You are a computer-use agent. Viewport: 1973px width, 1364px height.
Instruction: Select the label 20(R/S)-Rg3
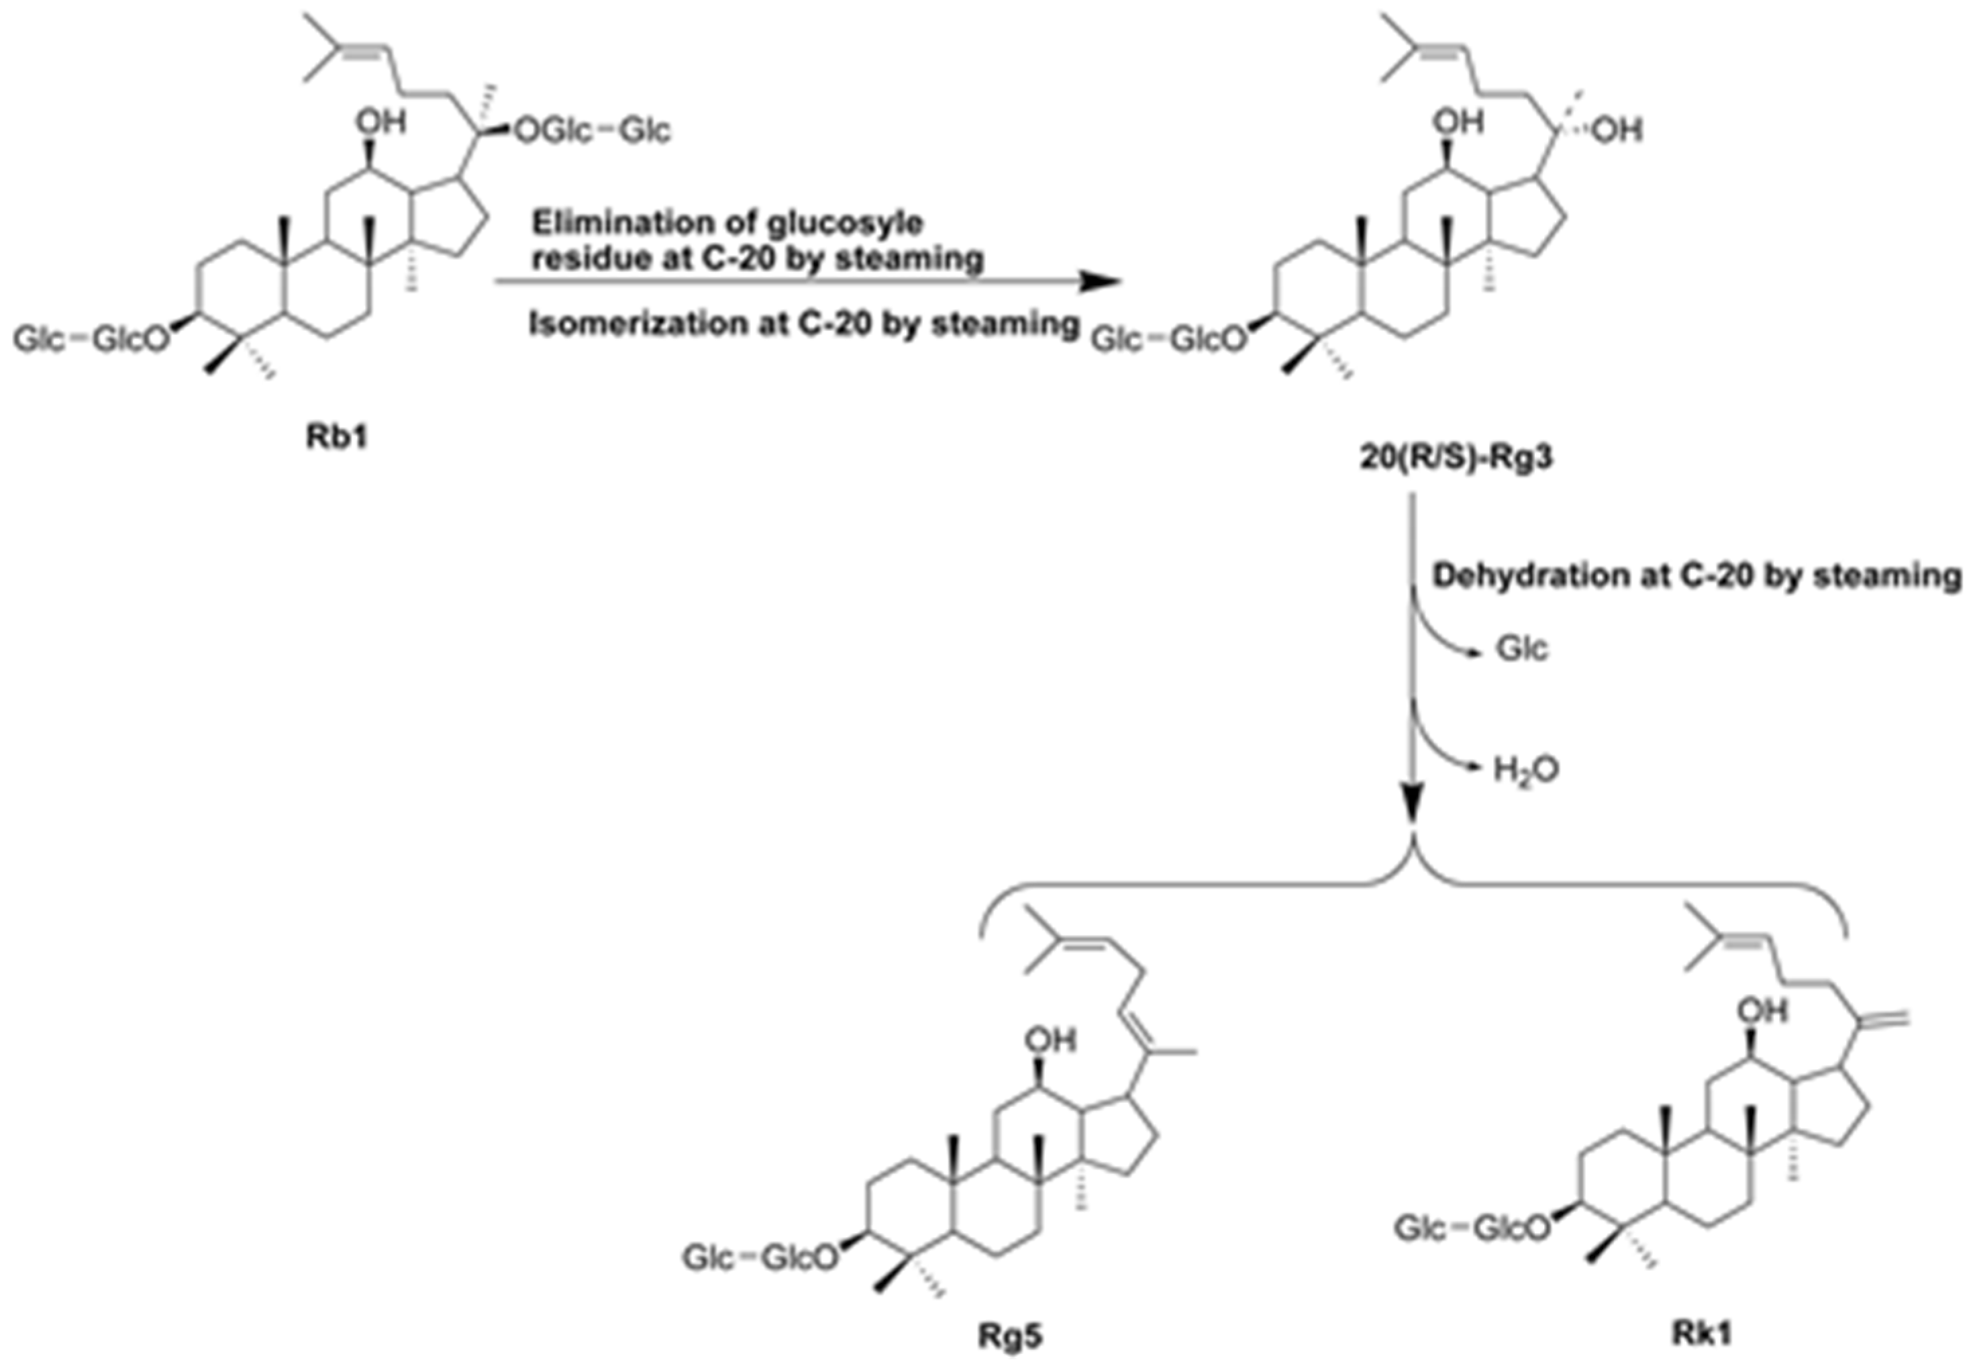(1455, 459)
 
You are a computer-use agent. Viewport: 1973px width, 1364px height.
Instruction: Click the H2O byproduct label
(1526, 771)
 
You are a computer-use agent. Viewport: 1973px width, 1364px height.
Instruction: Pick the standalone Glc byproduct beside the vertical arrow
(1522, 650)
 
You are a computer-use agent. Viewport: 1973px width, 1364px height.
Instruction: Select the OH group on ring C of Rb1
(381, 122)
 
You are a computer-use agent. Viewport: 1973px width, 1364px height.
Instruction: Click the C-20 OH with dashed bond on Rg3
(1617, 130)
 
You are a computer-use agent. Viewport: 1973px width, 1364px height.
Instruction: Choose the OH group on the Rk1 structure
(1762, 1010)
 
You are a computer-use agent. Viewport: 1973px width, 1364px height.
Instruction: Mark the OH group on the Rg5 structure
(1051, 1039)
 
